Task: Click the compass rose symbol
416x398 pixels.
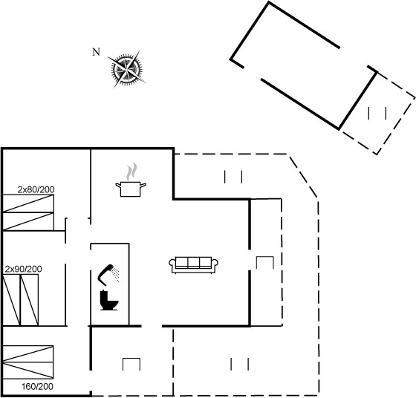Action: (126, 70)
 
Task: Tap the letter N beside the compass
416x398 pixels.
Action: (96, 52)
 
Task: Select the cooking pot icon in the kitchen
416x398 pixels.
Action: (131, 189)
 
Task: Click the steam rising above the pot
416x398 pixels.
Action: (132, 172)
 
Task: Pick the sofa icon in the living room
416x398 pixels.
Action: (193, 265)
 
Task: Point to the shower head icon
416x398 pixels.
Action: (108, 275)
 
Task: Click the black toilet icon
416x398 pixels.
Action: (108, 300)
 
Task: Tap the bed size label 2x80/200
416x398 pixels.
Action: (36, 189)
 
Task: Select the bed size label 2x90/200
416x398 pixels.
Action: (23, 269)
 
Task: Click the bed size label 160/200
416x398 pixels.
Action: (37, 387)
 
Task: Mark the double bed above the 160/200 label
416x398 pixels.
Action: (28, 362)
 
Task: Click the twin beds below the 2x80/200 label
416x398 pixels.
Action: (28, 212)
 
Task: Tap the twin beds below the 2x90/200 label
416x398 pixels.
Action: (21, 300)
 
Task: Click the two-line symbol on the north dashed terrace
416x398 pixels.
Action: (233, 177)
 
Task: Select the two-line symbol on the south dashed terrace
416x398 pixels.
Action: (239, 364)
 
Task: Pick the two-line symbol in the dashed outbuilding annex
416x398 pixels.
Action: (377, 113)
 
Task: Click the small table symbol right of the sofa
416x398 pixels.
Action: (265, 263)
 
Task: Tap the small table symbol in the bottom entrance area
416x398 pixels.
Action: (131, 365)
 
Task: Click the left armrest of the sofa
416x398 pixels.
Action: (172, 263)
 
